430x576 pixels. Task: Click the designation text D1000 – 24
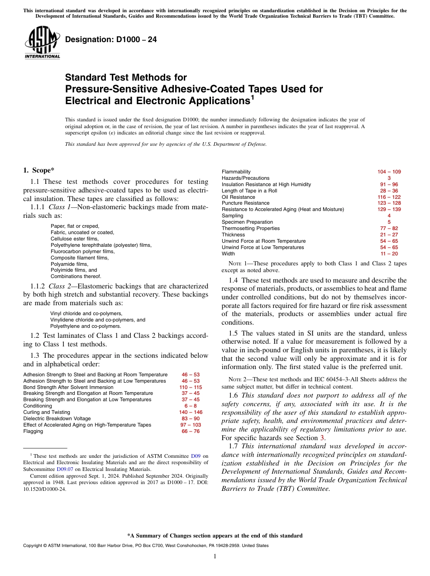pyautogui.click(x=111, y=40)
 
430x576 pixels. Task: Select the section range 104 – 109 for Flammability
pyautogui.click(x=389, y=172)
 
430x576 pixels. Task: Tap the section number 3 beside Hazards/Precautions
pyautogui.click(x=389, y=178)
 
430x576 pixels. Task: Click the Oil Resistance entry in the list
pyautogui.click(x=238, y=197)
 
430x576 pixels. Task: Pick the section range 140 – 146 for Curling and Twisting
pyautogui.click(x=191, y=413)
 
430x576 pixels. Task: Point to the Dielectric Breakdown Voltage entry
pyautogui.click(x=57, y=419)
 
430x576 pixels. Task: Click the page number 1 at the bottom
pyautogui.click(x=215, y=557)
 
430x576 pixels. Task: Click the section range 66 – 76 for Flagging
pyautogui.click(x=191, y=432)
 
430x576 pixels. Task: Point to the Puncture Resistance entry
pyautogui.click(x=245, y=203)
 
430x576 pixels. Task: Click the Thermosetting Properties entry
pyautogui.click(x=250, y=229)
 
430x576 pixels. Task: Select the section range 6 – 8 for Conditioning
pyautogui.click(x=191, y=406)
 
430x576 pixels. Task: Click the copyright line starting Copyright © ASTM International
pyautogui.click(x=145, y=546)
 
